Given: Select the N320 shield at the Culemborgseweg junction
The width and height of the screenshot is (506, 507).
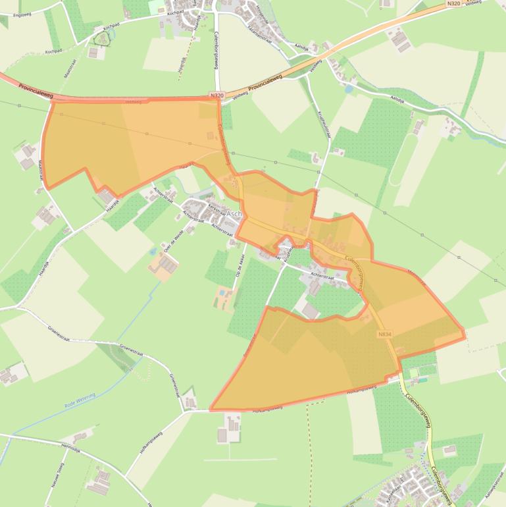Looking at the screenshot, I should point(217,96).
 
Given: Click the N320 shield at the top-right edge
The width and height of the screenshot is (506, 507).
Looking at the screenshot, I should point(453,4).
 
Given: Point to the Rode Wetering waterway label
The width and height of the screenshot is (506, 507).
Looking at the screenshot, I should point(80,402).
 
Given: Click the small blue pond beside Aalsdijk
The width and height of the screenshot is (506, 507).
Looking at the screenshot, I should point(347,88).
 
